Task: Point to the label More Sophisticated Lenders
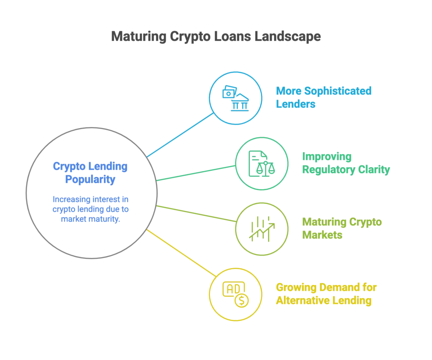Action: click(324, 97)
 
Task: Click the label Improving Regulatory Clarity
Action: click(346, 164)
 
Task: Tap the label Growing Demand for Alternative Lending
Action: click(326, 294)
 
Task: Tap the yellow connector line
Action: click(179, 252)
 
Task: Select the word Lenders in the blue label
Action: click(295, 104)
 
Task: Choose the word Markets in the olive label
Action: click(321, 235)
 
